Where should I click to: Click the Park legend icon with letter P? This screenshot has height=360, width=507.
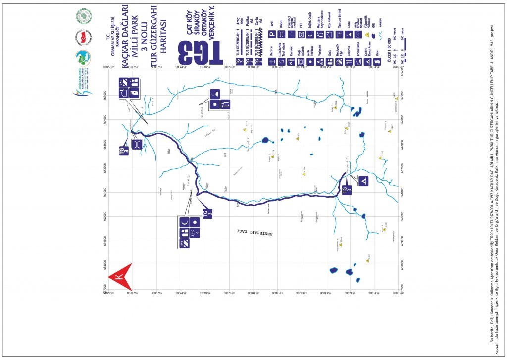coord(271,34)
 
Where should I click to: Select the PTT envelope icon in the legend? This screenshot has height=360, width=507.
coord(301,34)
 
